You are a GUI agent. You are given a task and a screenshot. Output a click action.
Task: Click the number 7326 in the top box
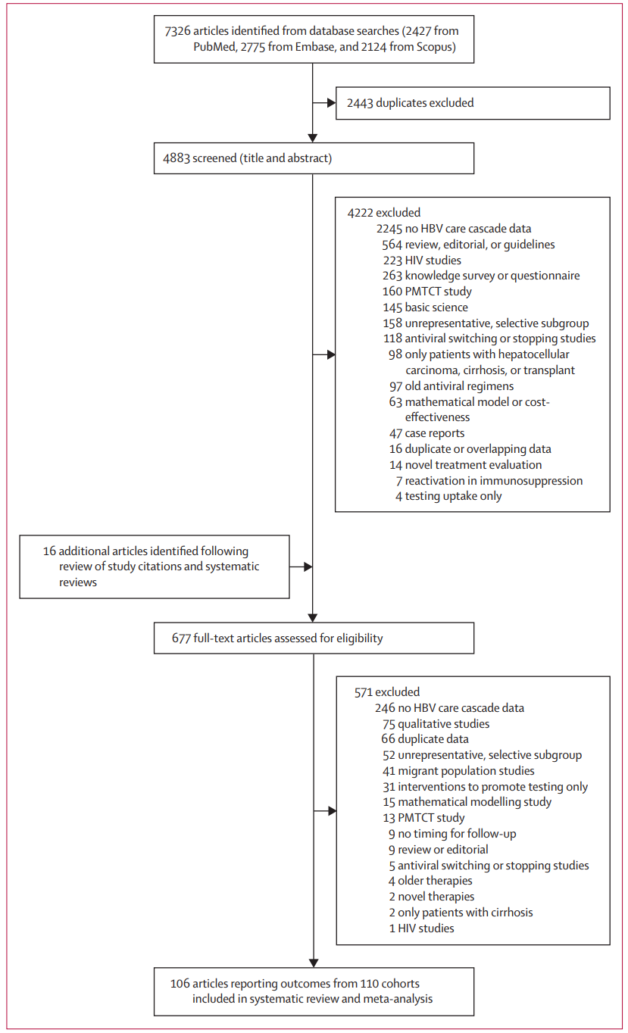[177, 31]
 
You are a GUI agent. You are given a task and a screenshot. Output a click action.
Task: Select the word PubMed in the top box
[214, 47]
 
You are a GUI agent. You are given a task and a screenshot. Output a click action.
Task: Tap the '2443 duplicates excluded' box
[473, 103]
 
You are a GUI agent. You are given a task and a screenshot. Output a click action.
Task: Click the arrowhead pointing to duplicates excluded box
[331, 103]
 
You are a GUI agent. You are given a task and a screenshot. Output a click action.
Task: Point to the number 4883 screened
[177, 158]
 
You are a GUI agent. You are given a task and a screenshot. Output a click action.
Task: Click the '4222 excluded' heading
[384, 213]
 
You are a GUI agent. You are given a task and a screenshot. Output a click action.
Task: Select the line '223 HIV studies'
[422, 260]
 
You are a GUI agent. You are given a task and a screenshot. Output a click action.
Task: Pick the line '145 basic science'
[425, 307]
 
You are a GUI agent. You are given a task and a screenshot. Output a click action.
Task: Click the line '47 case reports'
[426, 433]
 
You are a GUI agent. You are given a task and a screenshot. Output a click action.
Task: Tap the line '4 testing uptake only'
[448, 496]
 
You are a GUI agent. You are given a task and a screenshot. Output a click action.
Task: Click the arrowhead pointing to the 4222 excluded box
[331, 354]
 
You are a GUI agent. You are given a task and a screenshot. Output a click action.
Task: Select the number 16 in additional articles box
[49, 551]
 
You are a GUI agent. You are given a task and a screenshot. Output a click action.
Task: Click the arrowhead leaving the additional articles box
[308, 566]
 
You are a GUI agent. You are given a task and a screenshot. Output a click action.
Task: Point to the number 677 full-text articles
[181, 638]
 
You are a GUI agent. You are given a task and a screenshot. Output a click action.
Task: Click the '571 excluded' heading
[387, 691]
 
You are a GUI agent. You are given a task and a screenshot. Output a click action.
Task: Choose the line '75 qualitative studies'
[436, 723]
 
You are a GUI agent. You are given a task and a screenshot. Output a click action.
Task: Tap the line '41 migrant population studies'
[458, 771]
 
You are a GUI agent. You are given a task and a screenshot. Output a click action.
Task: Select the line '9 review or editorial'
[439, 850]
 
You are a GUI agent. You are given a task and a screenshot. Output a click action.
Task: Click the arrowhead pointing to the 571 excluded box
[332, 810]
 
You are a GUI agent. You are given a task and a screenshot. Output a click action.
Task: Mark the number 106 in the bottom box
[180, 983]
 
